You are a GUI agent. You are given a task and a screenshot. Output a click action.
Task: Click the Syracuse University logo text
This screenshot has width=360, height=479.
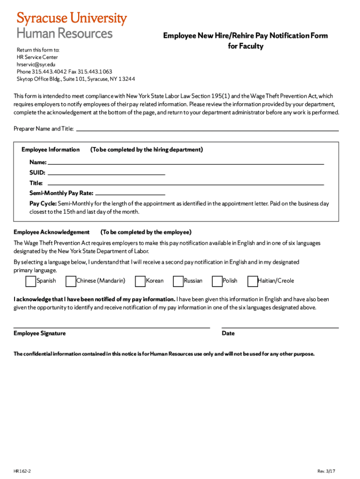[72, 19]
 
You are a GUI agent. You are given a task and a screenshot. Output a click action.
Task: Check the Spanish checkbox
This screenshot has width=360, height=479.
[30, 281]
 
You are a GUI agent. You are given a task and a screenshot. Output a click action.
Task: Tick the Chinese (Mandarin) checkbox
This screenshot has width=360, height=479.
[71, 281]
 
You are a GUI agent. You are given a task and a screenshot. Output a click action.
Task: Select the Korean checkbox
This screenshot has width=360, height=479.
[140, 281]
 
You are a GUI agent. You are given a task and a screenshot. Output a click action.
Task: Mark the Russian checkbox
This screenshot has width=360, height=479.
[178, 281]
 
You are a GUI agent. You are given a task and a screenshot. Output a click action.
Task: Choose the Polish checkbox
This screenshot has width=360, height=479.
[217, 281]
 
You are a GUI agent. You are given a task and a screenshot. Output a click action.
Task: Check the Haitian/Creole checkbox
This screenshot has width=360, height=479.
[252, 281]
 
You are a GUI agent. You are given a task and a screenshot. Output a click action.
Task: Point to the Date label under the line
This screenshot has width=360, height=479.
[228, 334]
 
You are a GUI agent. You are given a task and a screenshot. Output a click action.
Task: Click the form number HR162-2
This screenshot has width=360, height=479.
[22, 471]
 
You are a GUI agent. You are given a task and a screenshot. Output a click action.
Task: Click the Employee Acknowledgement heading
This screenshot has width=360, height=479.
[51, 232]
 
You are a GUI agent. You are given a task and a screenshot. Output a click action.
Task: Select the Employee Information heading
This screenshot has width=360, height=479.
[50, 150]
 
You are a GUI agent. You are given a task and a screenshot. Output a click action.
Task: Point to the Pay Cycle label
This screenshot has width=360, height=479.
[43, 203]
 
